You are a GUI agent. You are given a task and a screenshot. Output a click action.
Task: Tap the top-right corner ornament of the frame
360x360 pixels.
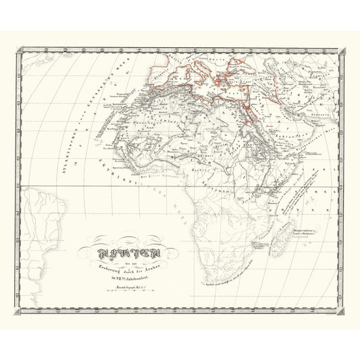342,49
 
